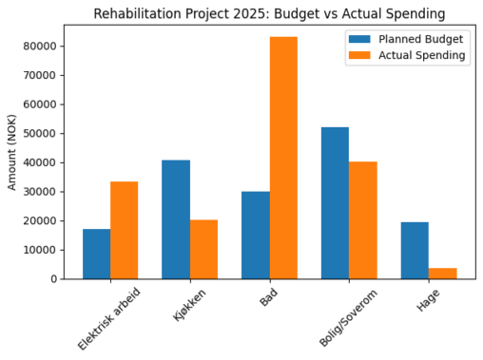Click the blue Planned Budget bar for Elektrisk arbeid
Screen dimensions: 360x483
(96, 254)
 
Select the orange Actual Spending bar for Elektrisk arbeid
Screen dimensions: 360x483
(124, 230)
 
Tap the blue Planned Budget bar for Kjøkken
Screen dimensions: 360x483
(176, 219)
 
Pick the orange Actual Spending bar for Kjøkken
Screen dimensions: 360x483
(203, 249)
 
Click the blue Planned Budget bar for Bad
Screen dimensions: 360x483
(255, 235)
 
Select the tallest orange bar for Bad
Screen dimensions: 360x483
(283, 158)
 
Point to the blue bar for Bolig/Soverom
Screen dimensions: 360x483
(335, 202)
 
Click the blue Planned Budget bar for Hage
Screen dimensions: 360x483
(415, 250)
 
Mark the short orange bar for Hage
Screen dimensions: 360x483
(442, 274)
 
